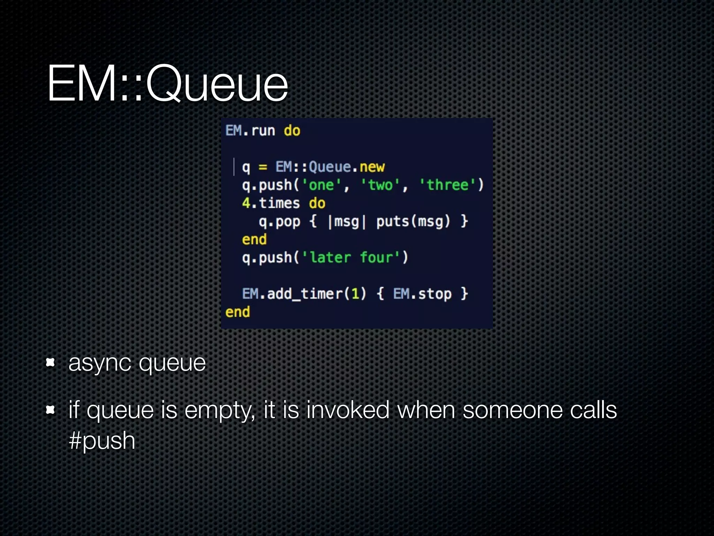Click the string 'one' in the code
pos(321,185)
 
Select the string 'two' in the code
pos(380,185)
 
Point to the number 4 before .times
pos(246,203)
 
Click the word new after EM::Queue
pos(372,167)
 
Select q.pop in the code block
pos(279,222)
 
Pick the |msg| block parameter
pos(347,222)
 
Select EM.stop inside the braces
pos(422,294)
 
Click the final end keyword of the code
pos(237,312)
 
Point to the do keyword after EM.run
pos(292,131)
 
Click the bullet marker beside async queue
pos(51,363)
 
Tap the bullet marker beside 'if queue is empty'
pos(51,410)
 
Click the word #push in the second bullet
pos(102,441)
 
